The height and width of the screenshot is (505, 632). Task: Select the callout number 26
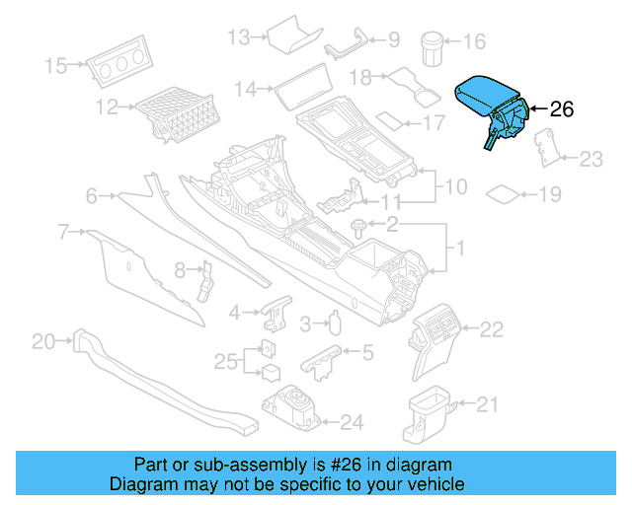tap(560, 109)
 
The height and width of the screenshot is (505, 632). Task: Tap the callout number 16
tap(474, 41)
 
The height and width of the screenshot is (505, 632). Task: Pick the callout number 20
tap(43, 342)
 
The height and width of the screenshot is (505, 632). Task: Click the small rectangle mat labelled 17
tap(396, 122)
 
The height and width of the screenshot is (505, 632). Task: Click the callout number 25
tap(226, 361)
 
